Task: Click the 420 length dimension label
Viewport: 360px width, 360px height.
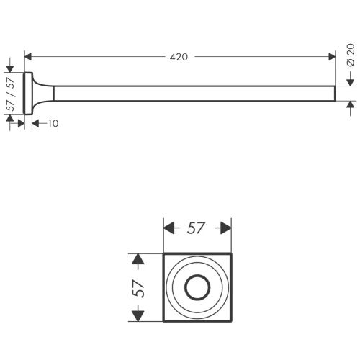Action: click(179, 57)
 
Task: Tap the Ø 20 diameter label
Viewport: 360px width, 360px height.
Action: click(351, 55)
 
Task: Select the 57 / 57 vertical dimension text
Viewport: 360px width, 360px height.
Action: click(10, 94)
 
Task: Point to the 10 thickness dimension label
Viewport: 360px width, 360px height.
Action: click(53, 124)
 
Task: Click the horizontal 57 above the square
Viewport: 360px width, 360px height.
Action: click(196, 228)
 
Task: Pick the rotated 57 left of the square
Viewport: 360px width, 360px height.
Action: click(138, 289)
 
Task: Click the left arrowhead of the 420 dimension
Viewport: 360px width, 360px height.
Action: click(28, 57)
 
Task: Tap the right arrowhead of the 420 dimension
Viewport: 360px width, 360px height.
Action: click(332, 57)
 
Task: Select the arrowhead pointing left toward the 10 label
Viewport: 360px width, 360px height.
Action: click(35, 124)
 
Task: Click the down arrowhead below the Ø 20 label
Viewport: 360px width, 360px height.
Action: click(351, 82)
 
